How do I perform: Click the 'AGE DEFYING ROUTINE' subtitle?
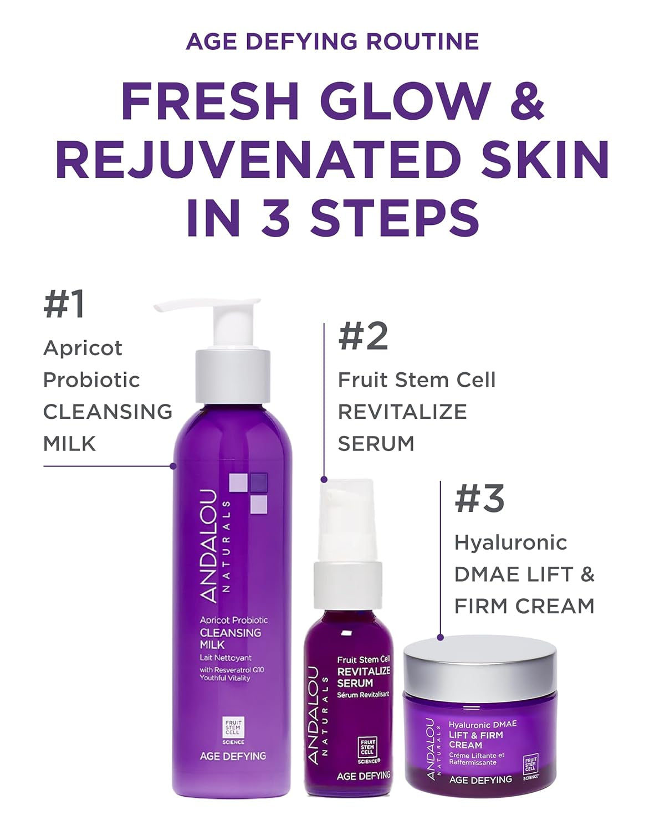tap(332, 42)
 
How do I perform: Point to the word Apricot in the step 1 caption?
tap(83, 348)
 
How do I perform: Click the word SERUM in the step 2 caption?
tap(376, 443)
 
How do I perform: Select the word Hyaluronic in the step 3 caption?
tap(510, 542)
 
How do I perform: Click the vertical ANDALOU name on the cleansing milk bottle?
tap(209, 546)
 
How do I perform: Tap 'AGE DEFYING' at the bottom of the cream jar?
tap(480, 779)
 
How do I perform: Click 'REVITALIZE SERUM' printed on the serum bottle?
tap(364, 676)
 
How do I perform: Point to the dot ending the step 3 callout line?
tap(441, 638)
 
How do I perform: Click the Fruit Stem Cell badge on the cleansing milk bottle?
tap(232, 730)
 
